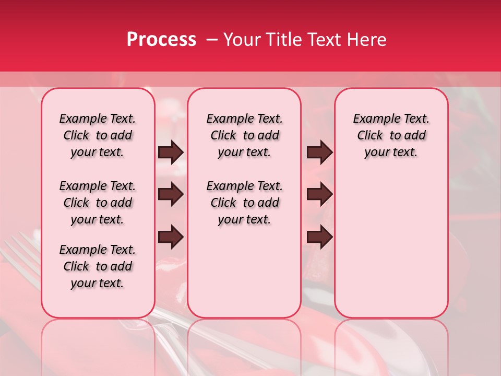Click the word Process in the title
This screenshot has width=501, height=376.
(161, 40)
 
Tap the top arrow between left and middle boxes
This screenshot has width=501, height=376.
(171, 152)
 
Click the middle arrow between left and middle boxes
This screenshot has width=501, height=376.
(171, 195)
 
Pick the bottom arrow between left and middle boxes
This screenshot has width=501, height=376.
(171, 238)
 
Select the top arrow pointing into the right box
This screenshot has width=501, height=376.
(320, 152)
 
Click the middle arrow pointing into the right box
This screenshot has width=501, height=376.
(320, 195)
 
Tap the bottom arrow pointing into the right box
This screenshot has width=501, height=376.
(320, 238)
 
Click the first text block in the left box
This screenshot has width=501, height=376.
(98, 135)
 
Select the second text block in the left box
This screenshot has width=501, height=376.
(98, 203)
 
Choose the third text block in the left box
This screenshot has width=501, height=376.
(98, 266)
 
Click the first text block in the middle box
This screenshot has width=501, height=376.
(244, 135)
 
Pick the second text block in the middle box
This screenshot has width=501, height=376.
(244, 203)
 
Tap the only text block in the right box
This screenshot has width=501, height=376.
(391, 135)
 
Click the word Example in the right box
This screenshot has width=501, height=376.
(372, 119)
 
